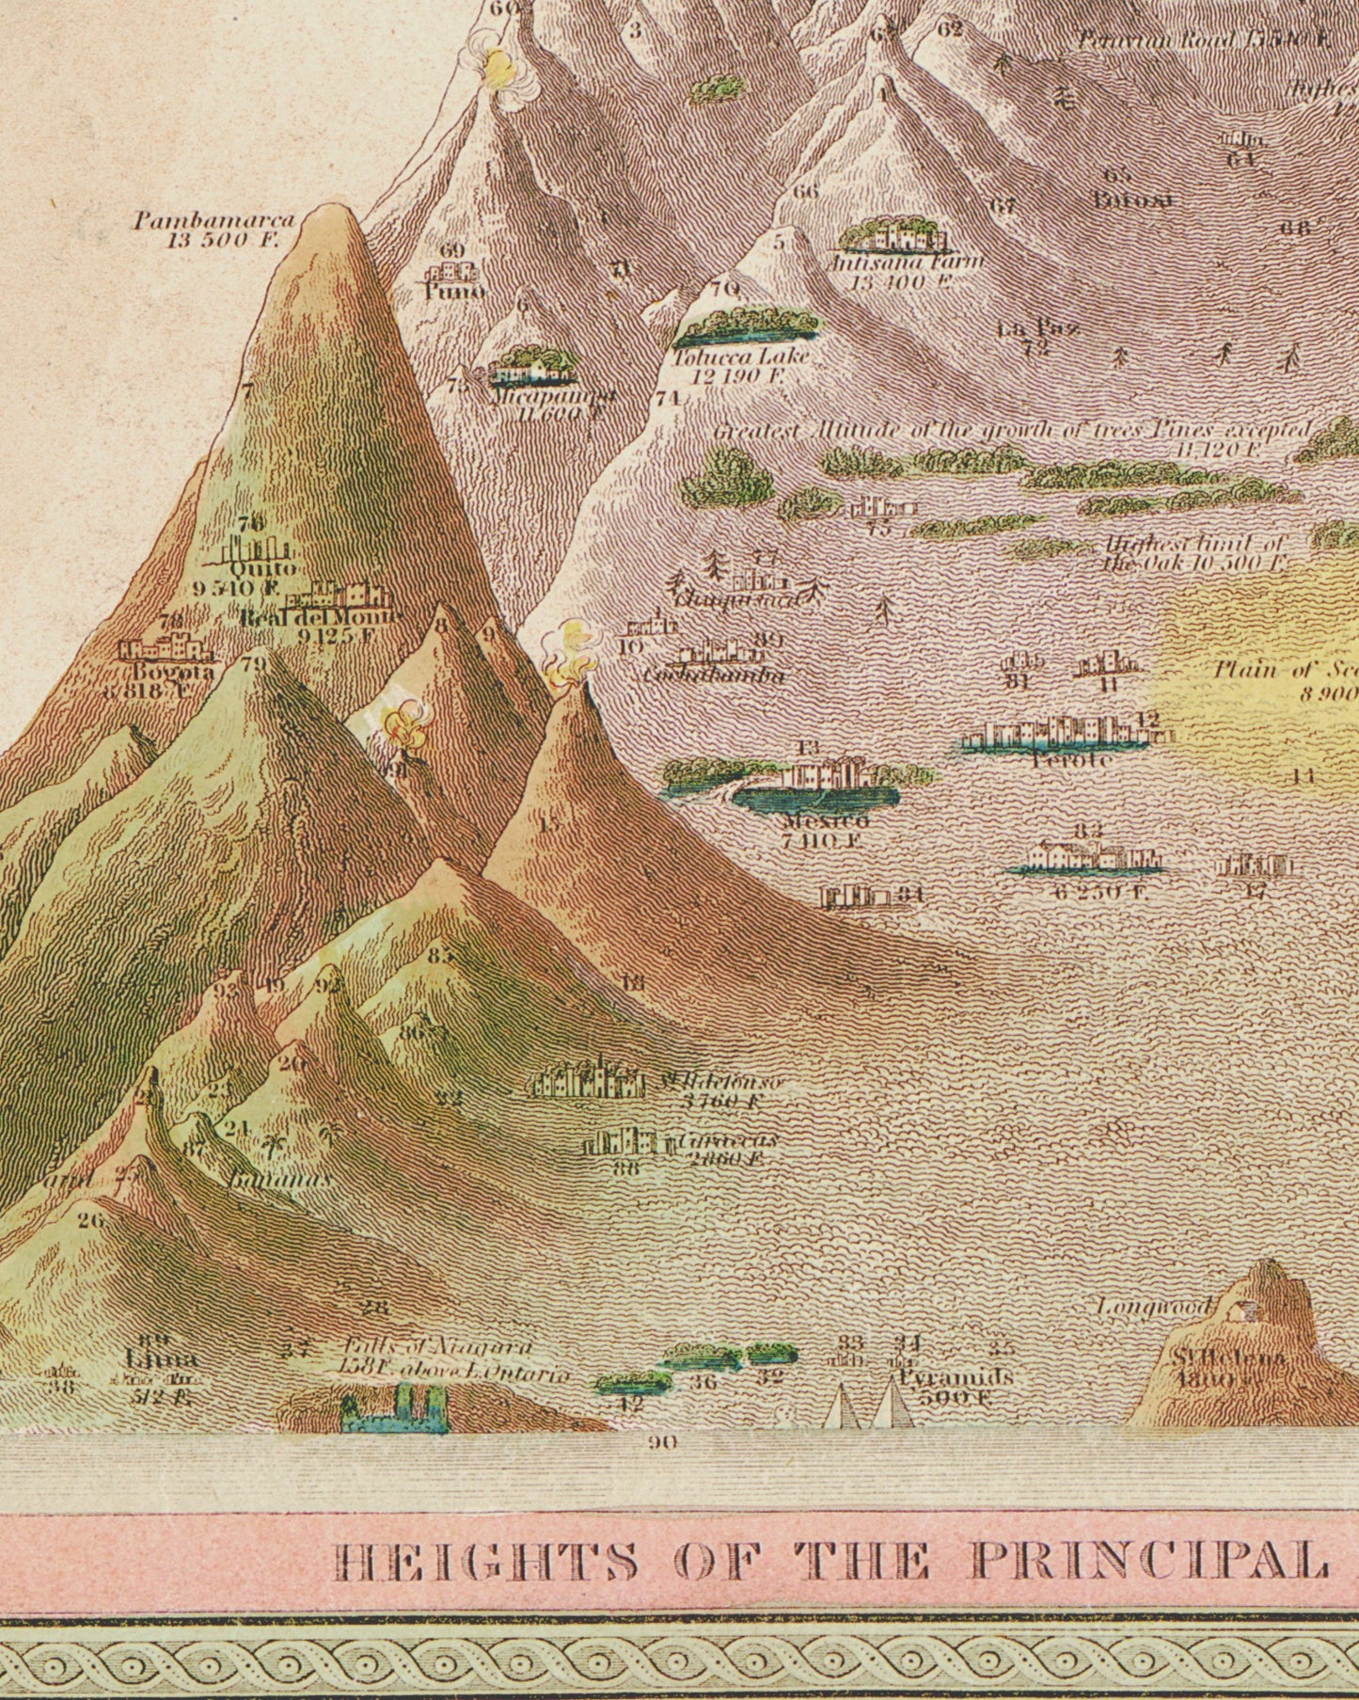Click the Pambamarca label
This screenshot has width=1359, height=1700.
point(213,221)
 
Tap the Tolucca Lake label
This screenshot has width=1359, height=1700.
point(741,357)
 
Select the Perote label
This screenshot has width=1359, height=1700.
point(1071,758)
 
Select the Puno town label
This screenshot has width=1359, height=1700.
point(453,292)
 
